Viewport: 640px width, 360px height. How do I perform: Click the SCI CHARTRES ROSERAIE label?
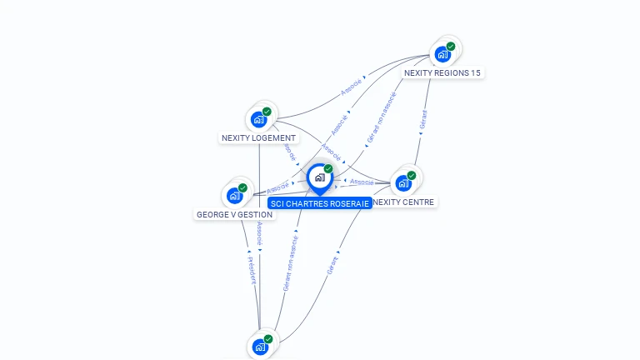pos(319,203)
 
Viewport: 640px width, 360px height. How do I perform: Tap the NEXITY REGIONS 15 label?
pos(442,73)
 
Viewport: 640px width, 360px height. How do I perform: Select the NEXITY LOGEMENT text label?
pos(258,138)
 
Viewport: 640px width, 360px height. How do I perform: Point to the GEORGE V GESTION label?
pos(234,215)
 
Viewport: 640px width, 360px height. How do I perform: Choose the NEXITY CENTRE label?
pos(405,202)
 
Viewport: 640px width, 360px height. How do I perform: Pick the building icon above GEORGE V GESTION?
pos(234,197)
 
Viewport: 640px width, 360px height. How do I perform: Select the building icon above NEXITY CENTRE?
pos(403,183)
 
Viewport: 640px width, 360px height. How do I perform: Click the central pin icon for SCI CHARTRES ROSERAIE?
pos(318,177)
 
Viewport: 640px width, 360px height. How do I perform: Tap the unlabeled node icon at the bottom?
pos(260,347)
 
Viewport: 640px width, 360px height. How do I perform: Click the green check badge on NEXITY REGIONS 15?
pos(451,47)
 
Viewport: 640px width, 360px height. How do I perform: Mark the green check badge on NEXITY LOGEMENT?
pos(267,112)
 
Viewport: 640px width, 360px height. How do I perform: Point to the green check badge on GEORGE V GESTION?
pos(242,188)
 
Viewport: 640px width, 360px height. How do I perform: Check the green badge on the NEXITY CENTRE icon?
pos(412,176)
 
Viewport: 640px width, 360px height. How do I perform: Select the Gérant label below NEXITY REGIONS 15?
pos(423,119)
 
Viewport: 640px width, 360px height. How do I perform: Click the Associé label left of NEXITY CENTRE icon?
pos(362,182)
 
